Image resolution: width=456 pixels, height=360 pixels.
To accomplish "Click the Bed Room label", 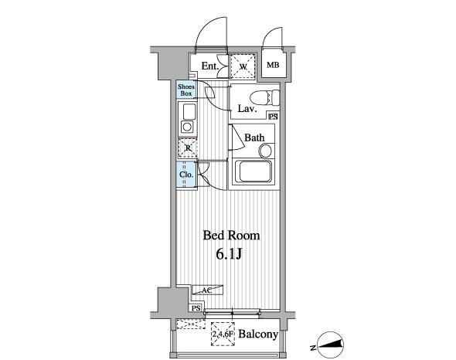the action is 231,236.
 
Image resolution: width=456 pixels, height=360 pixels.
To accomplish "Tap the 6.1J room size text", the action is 229,254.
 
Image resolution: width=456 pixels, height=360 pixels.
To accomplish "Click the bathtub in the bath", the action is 253,172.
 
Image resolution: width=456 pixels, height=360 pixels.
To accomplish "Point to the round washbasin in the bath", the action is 266,151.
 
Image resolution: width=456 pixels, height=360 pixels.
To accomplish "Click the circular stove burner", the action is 187,127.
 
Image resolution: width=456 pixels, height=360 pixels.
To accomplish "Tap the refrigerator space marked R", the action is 188,148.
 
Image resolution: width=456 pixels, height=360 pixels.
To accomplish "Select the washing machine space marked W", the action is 243,66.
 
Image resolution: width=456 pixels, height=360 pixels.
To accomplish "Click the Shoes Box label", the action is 186,90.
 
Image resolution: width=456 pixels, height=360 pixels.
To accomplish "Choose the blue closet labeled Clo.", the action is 185,175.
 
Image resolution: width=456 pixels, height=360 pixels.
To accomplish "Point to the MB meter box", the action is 273,65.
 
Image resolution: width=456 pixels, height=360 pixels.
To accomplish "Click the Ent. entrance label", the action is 209,66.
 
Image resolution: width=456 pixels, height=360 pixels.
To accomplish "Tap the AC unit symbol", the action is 207,290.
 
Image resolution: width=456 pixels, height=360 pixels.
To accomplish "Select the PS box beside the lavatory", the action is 273,117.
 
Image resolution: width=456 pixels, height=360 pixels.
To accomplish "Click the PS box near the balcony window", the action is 196,308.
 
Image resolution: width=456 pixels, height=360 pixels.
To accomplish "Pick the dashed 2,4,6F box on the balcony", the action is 223,334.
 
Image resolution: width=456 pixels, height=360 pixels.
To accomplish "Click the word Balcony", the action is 258,335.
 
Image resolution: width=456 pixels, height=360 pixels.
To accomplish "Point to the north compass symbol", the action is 330,345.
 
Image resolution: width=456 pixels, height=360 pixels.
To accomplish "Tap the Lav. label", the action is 247,109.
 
